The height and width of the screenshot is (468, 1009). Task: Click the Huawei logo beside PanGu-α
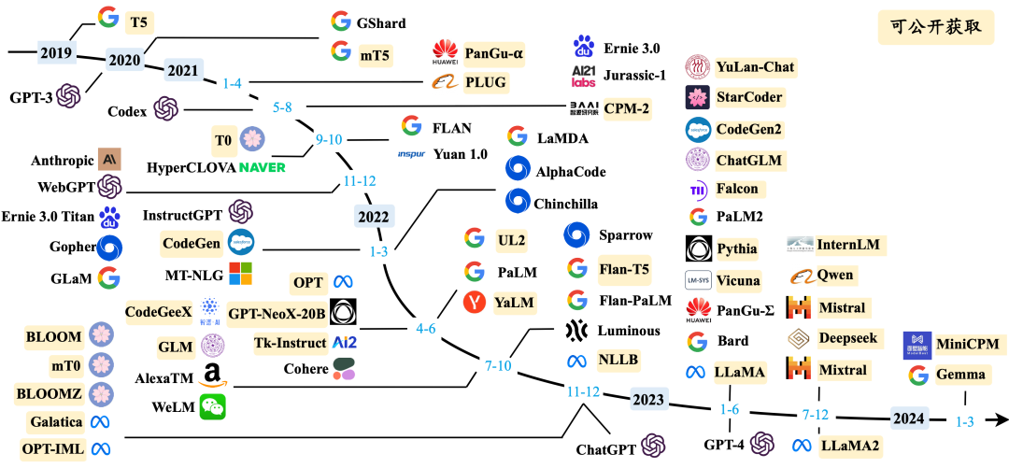coord(445,53)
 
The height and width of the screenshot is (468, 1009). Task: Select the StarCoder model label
coord(749,97)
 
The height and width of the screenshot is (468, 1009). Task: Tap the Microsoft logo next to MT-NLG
coord(241,275)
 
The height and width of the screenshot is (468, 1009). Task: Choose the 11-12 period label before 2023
coord(582,390)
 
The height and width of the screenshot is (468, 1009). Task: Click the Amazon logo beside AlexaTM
coord(211,376)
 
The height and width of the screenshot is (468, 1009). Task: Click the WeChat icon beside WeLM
coord(213,406)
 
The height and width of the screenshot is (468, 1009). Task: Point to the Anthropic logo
coord(109,159)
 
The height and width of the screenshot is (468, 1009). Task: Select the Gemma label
coord(960,375)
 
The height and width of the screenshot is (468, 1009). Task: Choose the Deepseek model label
coord(847,338)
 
